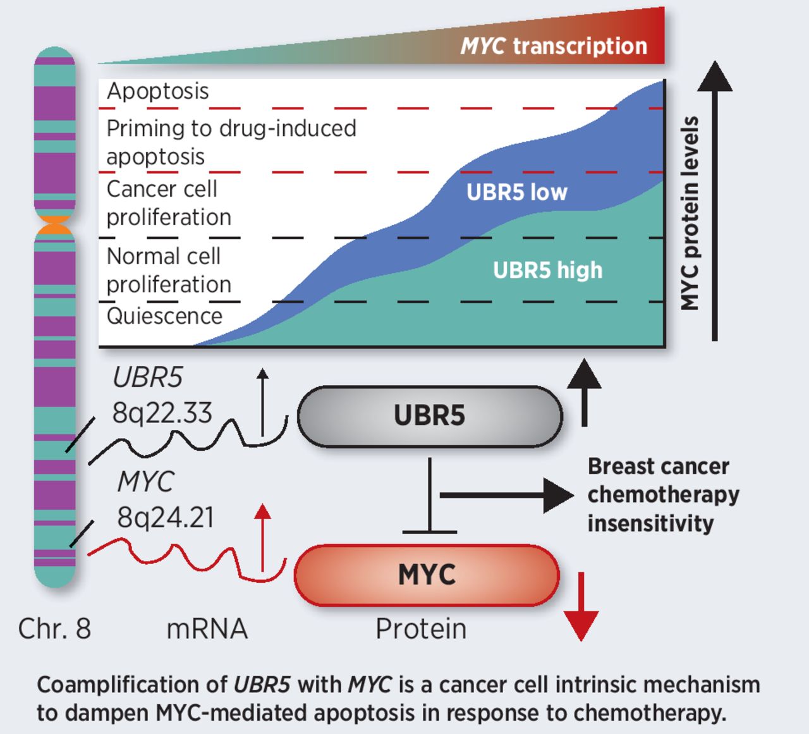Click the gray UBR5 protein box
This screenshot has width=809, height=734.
click(x=429, y=417)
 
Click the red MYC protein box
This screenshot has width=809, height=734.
click(x=427, y=575)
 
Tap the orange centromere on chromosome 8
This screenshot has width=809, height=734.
click(x=55, y=225)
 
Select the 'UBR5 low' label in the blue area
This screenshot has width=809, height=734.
click(x=516, y=192)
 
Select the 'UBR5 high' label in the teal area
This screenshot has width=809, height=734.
click(x=547, y=270)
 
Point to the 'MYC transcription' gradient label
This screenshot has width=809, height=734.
click(x=554, y=46)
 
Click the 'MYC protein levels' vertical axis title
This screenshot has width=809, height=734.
click(x=690, y=213)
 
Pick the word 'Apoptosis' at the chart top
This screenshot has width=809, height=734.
click(x=157, y=91)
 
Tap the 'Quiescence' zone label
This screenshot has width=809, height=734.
click(x=164, y=315)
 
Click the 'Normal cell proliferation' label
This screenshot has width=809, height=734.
click(x=168, y=270)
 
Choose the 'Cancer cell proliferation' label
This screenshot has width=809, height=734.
click(x=168, y=203)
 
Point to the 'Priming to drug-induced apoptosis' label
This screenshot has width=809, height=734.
click(x=231, y=142)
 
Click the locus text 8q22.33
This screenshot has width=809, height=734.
click(x=162, y=413)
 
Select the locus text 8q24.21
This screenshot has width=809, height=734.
click(x=166, y=518)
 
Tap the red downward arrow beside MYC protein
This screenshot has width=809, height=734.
click(x=580, y=607)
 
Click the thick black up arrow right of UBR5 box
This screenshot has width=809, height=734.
click(x=584, y=393)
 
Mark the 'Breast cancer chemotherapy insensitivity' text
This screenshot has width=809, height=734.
click(x=662, y=495)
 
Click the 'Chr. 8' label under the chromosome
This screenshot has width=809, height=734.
click(x=54, y=628)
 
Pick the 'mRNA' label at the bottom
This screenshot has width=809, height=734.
click(x=207, y=628)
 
